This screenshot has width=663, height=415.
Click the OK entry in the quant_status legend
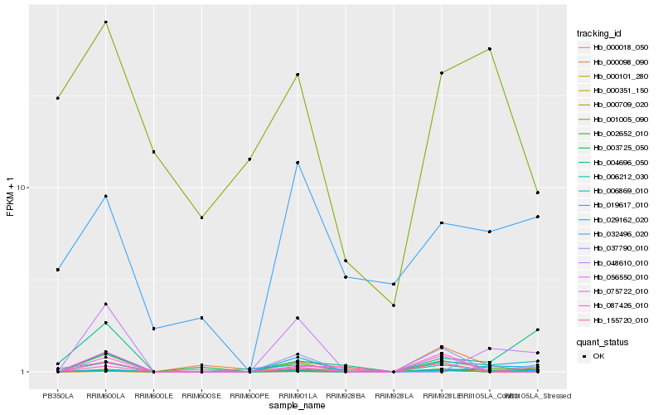click(598, 356)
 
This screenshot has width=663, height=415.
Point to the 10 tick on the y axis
click(22, 188)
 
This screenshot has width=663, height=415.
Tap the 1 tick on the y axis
click(25, 372)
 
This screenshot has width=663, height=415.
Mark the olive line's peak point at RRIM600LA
click(106, 22)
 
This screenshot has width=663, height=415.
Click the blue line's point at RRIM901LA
click(298, 163)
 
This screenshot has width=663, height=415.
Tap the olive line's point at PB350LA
click(58, 98)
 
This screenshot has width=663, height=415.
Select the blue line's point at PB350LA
click(58, 270)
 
